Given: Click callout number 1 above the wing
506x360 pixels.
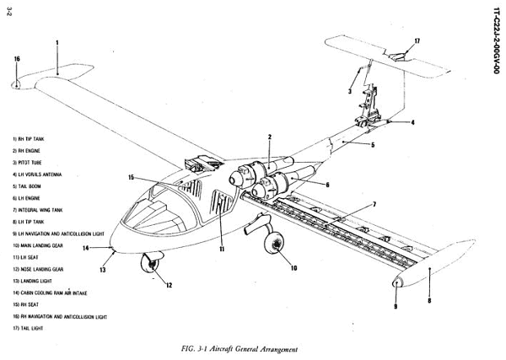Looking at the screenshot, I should pyautogui.click(x=57, y=40).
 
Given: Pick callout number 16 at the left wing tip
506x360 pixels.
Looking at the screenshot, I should pyautogui.click(x=17, y=58).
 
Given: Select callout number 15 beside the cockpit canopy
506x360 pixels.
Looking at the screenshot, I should pyautogui.click(x=130, y=178).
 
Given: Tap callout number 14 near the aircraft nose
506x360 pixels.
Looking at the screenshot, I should pyautogui.click(x=86, y=249).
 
